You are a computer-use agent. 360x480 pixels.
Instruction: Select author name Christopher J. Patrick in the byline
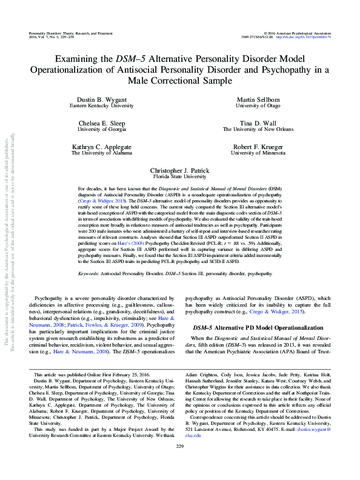tap(180, 172)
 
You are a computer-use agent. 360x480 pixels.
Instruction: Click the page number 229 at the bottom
tap(179, 463)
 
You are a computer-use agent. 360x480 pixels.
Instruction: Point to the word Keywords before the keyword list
tap(90, 273)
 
